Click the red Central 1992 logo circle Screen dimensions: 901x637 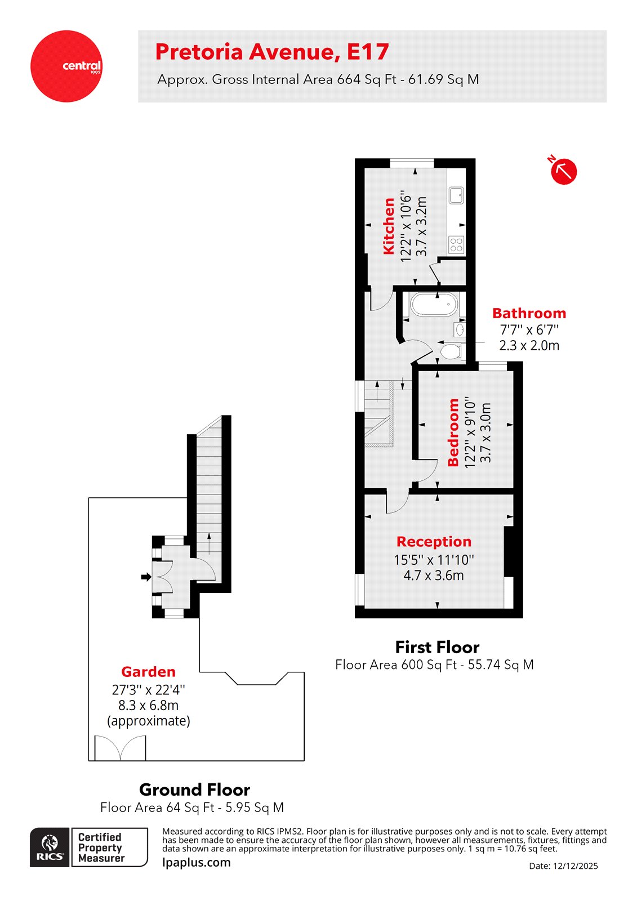coord(66,66)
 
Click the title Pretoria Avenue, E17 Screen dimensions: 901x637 coord(271,52)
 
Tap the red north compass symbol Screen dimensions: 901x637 coord(563,171)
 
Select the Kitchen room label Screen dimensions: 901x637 coord(389,226)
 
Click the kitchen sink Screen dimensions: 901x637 coord(456,195)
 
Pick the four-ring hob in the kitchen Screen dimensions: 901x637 coord(456,244)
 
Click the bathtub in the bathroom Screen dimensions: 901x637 coord(434,305)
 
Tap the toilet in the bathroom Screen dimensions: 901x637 coord(451,353)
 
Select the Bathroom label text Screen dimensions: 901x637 coord(529,313)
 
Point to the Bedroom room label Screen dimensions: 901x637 coord(453,432)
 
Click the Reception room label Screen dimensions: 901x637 coord(434,542)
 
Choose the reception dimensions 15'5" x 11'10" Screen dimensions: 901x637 coord(434,560)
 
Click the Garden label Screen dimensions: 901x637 coord(148,672)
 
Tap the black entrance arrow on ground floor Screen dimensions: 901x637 coord(146,577)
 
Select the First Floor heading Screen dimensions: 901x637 coord(437,647)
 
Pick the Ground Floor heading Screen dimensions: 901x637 coord(194,790)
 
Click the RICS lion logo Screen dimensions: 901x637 coord(50,847)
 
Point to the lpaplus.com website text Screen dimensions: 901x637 coord(196,862)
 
